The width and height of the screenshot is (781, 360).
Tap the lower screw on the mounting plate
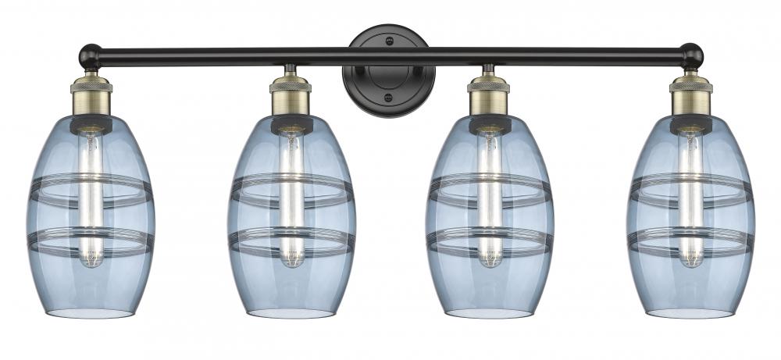tap(388, 98)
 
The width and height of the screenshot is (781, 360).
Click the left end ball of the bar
tap(89, 55)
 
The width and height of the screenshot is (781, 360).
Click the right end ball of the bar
tap(691, 55)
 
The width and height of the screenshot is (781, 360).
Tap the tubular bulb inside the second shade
tap(291, 195)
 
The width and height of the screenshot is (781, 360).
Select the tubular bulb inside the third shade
tap(490, 195)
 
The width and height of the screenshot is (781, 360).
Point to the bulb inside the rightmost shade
tap(690, 195)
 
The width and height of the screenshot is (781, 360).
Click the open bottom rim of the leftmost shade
tap(91, 312)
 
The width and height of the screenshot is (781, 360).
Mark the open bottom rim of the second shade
tap(291, 312)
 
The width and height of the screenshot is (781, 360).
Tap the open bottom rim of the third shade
tap(490, 312)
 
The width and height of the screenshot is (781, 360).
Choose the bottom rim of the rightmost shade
tap(690, 312)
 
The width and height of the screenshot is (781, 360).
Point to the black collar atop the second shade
tap(291, 123)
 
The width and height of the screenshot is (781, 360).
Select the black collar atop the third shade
tap(490, 123)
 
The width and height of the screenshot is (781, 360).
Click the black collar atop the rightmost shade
tap(690, 123)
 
